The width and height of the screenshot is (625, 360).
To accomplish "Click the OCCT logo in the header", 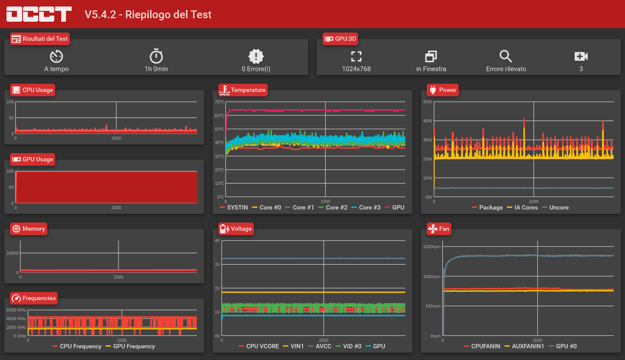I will tap(39, 14).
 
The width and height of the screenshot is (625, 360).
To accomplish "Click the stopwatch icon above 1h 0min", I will tap(156, 56).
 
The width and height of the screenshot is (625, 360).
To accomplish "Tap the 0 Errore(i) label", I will tap(256, 69).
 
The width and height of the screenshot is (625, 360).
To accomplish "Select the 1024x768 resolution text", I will tap(356, 69).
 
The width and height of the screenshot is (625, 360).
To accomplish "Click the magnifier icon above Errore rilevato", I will tap(506, 56).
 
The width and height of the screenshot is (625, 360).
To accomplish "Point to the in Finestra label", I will tap(431, 69).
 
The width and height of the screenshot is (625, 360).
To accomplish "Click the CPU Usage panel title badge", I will tap(33, 90).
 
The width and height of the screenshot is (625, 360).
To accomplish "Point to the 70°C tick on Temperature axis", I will tap(220, 102).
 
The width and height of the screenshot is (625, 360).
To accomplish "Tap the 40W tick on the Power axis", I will tap(428, 121).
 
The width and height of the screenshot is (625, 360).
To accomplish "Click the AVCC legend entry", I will tap(320, 346).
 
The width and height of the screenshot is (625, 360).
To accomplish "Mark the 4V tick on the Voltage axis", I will tap(217, 240).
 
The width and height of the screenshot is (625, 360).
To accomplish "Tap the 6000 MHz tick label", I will tap(16, 310).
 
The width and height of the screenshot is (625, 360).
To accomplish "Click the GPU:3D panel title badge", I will tap(341, 39).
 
